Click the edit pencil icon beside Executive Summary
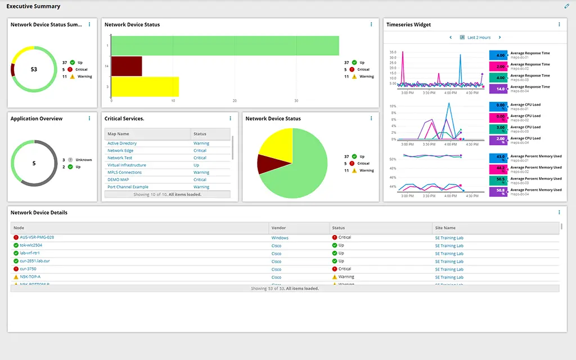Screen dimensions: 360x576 567,6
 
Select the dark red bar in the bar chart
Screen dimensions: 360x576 127,66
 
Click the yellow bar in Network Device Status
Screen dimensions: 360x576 145,87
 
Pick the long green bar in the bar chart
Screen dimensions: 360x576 225,46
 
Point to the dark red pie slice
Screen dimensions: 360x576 265,163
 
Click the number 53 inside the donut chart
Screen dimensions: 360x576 34,69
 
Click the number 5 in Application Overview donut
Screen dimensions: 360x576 34,163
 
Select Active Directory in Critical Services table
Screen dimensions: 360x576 122,143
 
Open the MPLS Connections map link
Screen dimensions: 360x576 124,173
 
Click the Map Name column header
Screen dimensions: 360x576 119,134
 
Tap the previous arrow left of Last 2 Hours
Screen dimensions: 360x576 451,38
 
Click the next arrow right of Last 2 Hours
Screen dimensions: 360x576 499,38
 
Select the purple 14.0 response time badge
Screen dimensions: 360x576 499,89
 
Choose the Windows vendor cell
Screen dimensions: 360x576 280,238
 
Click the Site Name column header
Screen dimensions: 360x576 445,228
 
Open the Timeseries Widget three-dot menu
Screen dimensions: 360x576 559,24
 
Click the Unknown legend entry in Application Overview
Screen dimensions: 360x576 83,160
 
